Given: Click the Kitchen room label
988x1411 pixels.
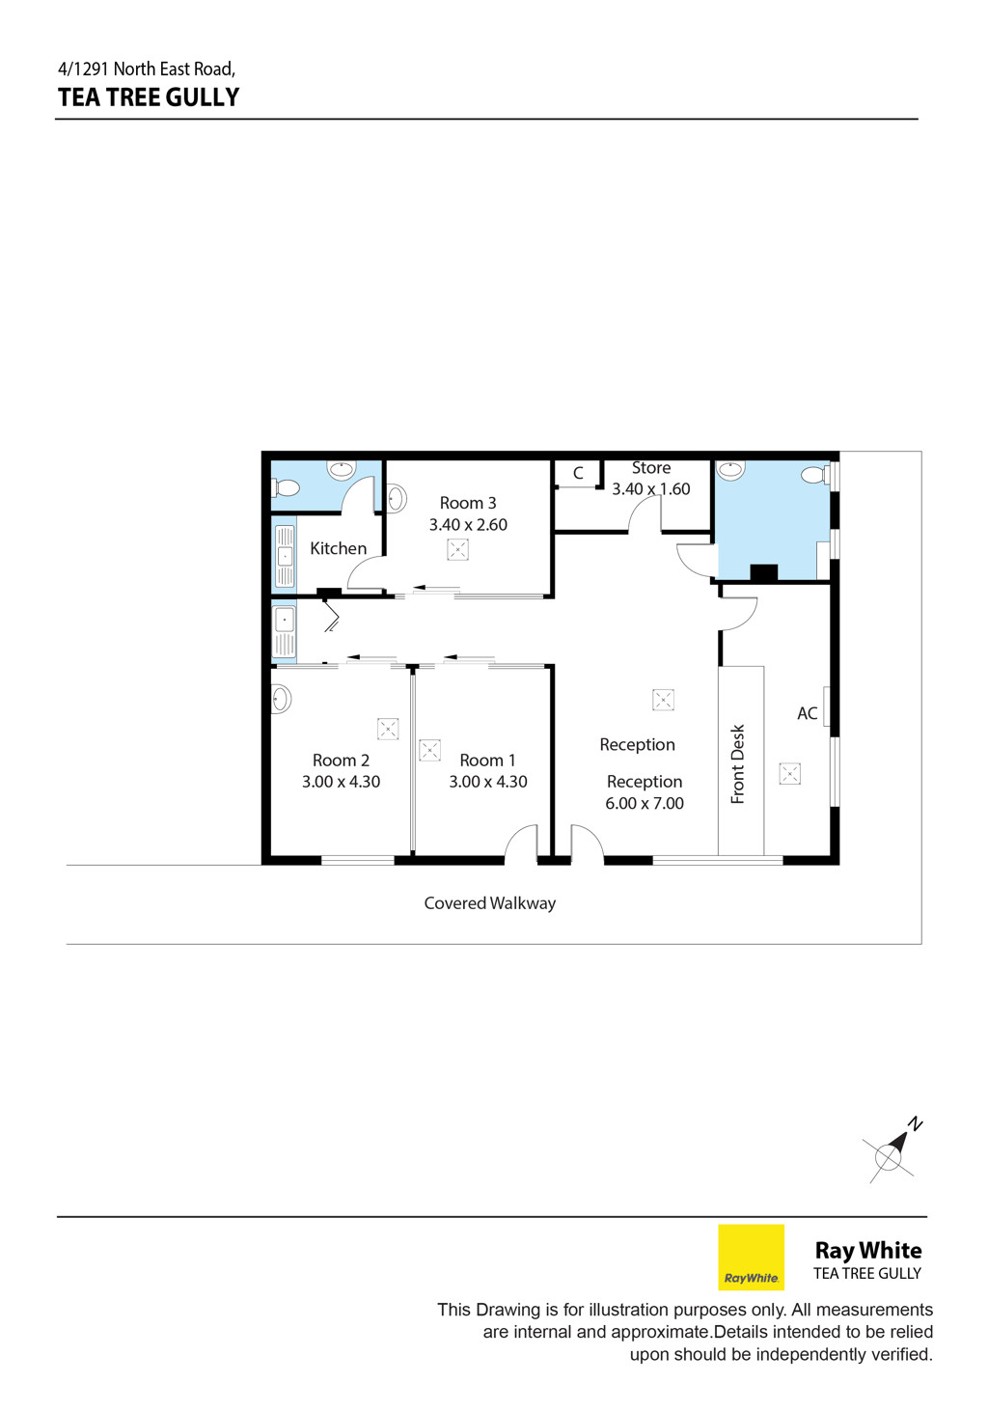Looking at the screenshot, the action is [x=338, y=548].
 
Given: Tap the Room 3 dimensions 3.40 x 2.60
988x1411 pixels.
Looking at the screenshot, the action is [x=468, y=525].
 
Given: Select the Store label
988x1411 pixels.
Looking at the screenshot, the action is [x=651, y=467].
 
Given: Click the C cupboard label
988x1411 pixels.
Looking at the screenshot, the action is [x=578, y=473].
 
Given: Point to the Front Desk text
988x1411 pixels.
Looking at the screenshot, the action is [x=737, y=763].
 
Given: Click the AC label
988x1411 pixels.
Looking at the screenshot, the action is [x=808, y=713].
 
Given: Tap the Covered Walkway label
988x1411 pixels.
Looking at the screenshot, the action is [x=490, y=903].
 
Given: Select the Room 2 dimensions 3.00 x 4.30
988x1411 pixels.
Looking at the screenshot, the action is [x=341, y=782].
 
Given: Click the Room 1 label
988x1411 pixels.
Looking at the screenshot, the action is [x=487, y=761].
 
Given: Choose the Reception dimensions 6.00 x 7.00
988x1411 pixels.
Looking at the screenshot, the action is [x=645, y=803].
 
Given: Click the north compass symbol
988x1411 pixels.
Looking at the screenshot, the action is [x=891, y=1151].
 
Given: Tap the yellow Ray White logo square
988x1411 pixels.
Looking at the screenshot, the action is [x=752, y=1258].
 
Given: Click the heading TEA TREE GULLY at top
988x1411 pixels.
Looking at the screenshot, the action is [x=149, y=97].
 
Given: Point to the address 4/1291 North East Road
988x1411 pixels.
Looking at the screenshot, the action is [x=147, y=68].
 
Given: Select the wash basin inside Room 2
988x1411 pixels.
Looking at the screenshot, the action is [x=281, y=699].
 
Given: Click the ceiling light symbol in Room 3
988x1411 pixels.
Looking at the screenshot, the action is [x=457, y=549].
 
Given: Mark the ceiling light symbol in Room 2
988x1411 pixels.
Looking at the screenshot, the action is [x=388, y=729].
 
